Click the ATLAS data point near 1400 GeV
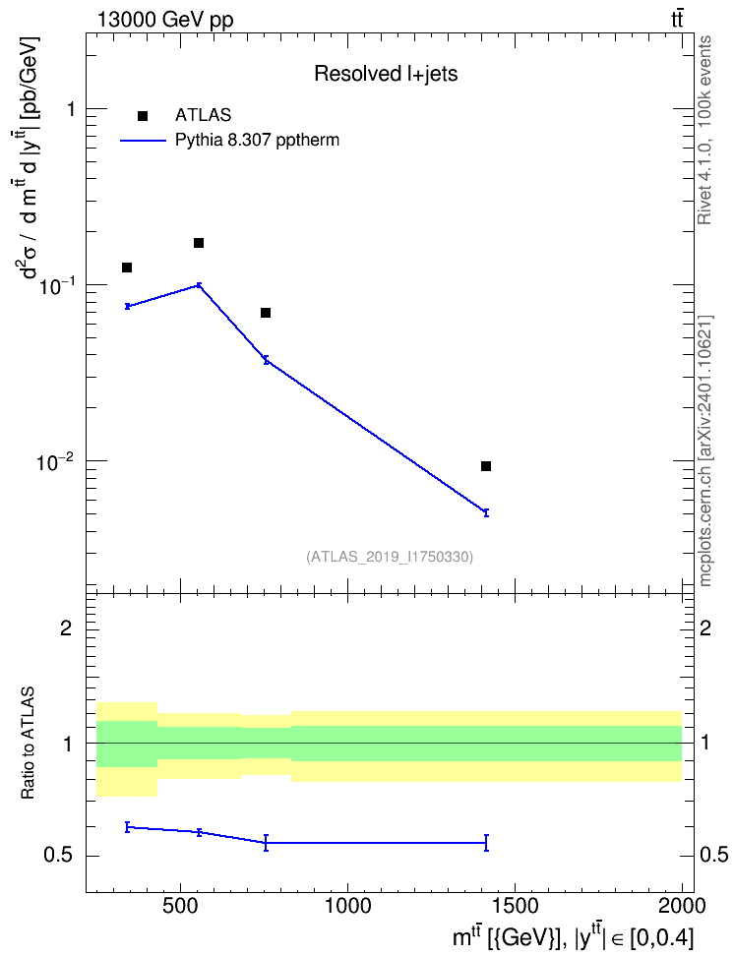point(486,466)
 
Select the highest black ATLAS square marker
point(199,243)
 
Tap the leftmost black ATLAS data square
point(127,268)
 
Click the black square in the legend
point(143,116)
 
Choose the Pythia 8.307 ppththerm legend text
point(257,141)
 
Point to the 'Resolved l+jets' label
point(386,74)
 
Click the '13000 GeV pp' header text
point(164,20)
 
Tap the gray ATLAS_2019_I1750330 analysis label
point(390,556)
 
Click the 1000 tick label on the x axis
point(347,906)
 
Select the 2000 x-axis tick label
point(682,906)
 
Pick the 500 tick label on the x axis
point(180,906)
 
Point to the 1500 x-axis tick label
point(515,906)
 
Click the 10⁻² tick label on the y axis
point(54,462)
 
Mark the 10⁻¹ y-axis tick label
point(54,286)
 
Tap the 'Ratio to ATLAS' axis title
point(28,744)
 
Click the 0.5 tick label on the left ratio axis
point(59,856)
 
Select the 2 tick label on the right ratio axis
point(705,627)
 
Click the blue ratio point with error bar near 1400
point(486,843)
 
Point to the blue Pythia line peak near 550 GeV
point(199,284)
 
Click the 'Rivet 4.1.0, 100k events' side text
point(704,130)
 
